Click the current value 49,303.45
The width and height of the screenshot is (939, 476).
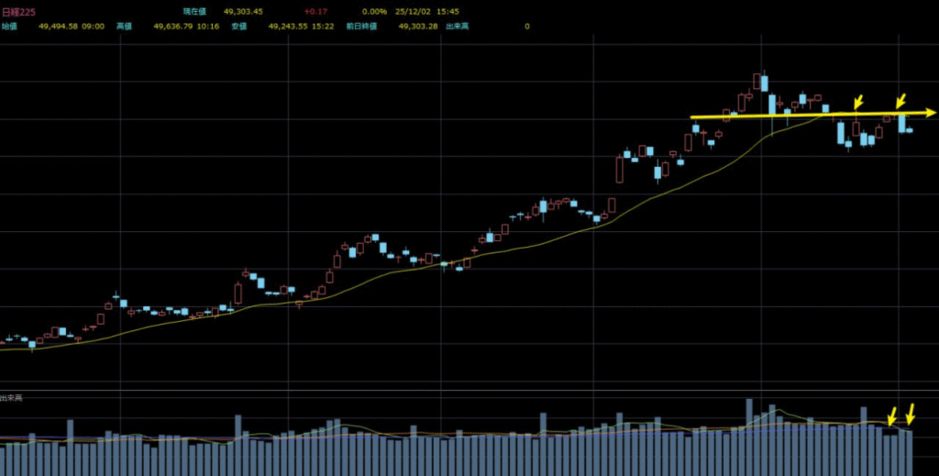tap(243, 12)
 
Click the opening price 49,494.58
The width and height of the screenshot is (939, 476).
tap(58, 27)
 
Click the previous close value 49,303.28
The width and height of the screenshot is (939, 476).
tap(418, 27)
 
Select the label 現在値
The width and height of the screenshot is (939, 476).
tap(194, 12)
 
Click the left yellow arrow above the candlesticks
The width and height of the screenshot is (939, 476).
tap(858, 101)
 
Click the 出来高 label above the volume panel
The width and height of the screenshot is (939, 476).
tap(12, 397)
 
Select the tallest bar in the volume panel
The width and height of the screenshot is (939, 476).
tap(749, 437)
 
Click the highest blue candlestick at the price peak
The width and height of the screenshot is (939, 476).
tap(764, 83)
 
